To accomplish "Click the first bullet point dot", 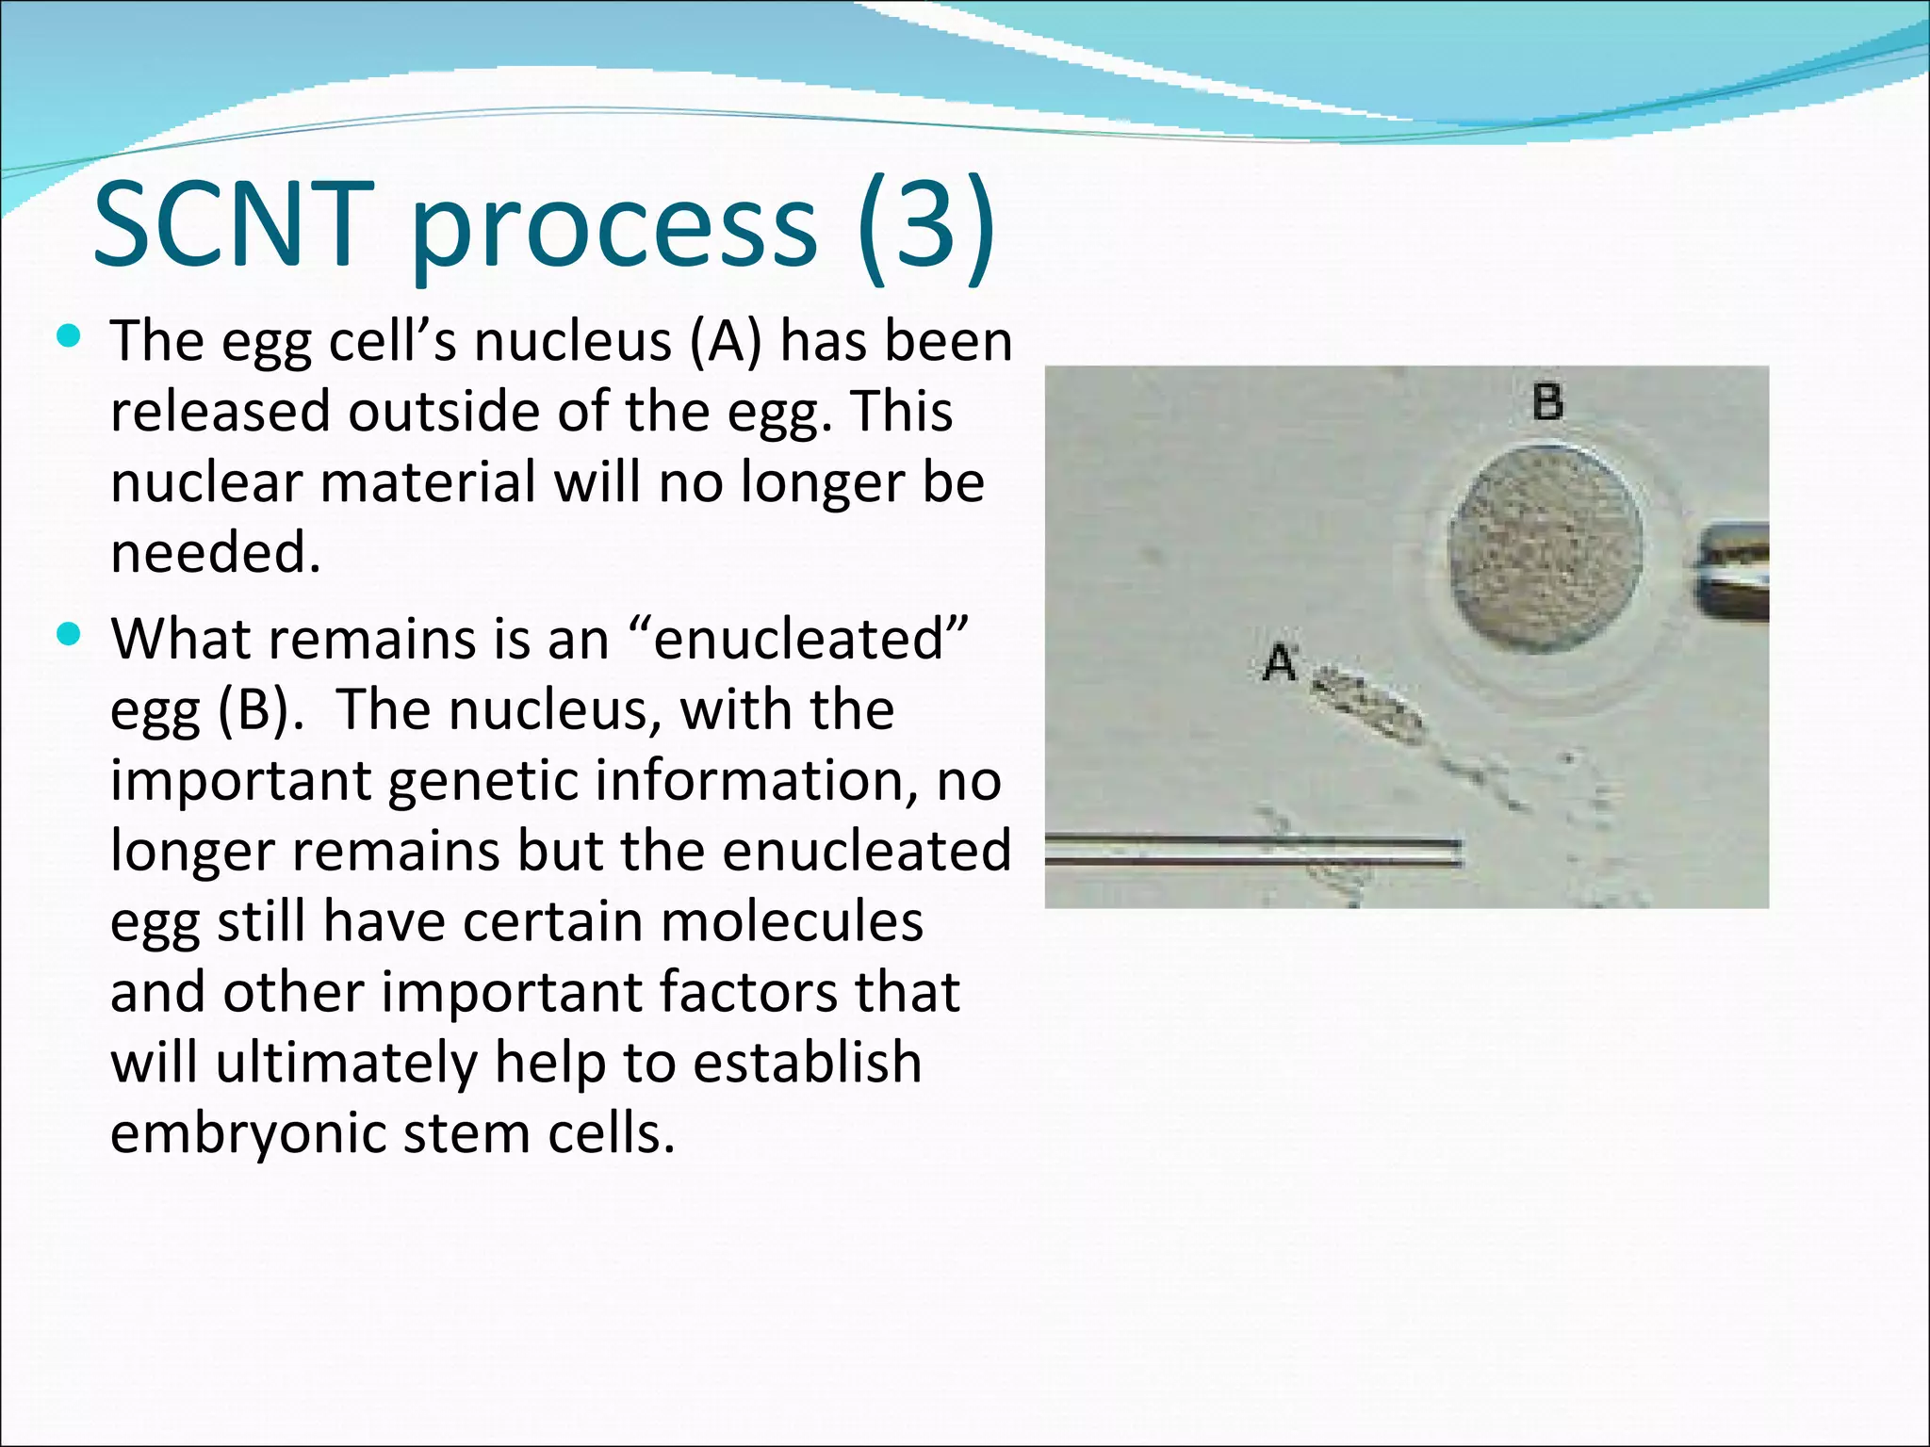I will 68,336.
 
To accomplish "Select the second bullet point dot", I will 68,634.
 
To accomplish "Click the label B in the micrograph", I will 1547,402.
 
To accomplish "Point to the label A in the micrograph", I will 1280,661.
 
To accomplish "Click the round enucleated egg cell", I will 1546,546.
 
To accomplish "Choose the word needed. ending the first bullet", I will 216,553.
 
